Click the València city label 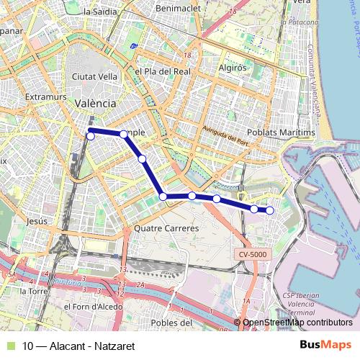tap(95, 103)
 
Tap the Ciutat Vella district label tap(90, 76)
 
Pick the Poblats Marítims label tap(281, 133)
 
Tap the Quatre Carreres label tap(166, 228)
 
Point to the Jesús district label tap(35, 221)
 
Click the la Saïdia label tap(101, 12)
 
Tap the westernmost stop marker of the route tap(91, 135)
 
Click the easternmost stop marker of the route tap(270, 210)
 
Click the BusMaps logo tap(326, 344)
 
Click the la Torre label tap(34, 292)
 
